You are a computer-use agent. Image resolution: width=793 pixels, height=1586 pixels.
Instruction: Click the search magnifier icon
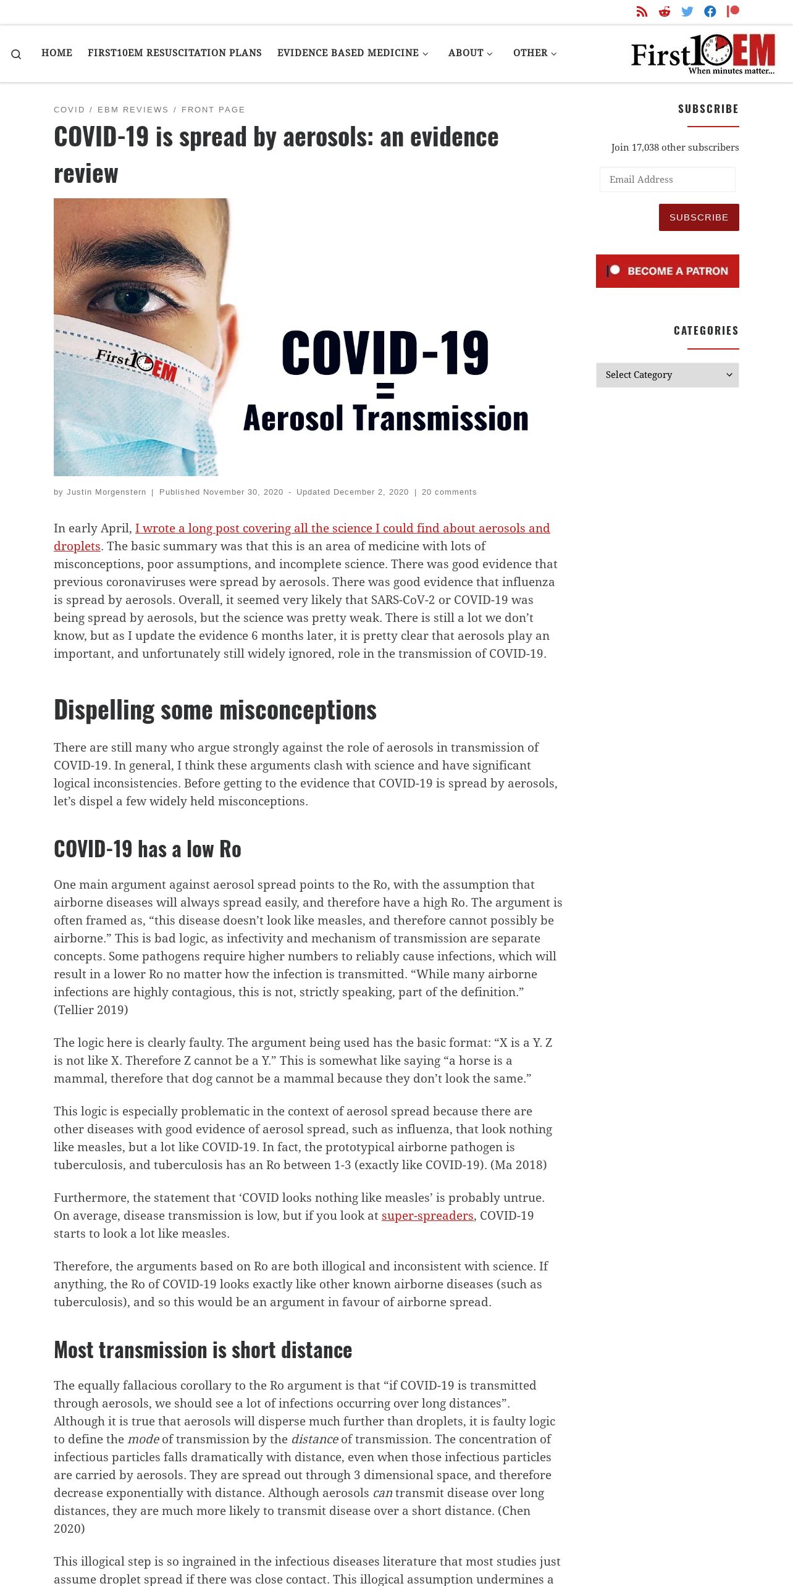point(16,54)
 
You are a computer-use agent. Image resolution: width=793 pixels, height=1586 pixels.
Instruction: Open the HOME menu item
point(57,53)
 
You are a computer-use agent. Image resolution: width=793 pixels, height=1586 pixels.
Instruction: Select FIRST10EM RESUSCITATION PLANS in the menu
point(174,53)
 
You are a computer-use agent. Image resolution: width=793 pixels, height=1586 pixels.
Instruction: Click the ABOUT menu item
point(470,53)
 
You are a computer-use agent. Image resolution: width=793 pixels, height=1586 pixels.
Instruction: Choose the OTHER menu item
point(535,53)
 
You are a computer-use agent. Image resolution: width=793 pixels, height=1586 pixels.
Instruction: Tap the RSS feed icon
point(642,12)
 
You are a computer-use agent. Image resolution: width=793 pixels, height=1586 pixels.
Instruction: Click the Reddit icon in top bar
point(665,12)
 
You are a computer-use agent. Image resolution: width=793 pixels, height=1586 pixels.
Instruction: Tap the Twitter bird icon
point(687,12)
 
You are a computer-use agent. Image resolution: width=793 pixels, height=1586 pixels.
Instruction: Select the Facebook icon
point(710,12)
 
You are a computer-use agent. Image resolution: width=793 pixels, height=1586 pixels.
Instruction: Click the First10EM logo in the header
point(703,54)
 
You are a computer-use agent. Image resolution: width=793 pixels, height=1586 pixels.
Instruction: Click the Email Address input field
point(667,180)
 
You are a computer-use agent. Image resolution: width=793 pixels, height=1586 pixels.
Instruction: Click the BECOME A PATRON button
point(667,271)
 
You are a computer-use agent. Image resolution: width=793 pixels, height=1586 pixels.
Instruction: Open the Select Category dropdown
point(667,375)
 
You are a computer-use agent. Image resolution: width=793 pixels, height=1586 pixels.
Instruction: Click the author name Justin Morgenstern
point(106,492)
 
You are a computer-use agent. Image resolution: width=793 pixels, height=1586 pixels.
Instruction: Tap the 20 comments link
point(449,492)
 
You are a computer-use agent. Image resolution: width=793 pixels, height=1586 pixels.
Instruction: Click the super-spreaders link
point(427,1215)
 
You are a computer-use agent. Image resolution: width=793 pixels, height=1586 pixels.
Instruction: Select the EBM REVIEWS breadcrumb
point(133,110)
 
